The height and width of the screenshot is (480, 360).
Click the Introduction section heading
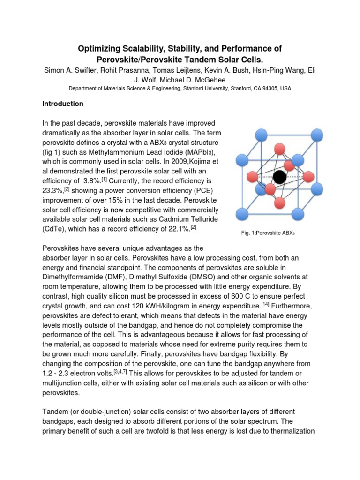click(x=63, y=104)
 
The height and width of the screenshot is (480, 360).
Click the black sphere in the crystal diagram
click(x=280, y=177)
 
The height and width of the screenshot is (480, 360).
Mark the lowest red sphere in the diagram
click(x=280, y=203)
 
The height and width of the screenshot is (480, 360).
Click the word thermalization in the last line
click(x=292, y=431)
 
